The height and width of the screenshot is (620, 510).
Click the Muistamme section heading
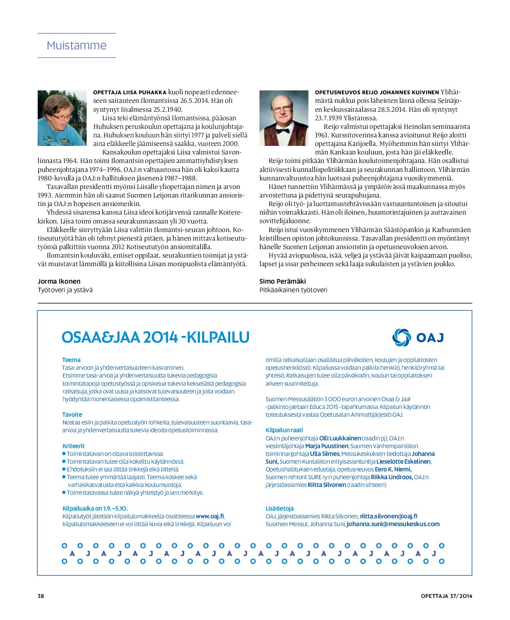tap(77, 45)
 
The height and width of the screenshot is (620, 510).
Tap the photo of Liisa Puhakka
tap(62, 118)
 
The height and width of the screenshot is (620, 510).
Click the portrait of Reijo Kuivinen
tap(284, 118)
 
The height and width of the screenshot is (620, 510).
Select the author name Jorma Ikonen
tap(59, 281)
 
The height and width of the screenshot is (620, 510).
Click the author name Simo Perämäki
tap(283, 281)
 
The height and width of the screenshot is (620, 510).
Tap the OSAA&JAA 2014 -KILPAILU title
tap(155, 338)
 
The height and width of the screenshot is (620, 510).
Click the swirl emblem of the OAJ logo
tap(401, 337)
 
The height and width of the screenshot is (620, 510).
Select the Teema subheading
tap(71, 360)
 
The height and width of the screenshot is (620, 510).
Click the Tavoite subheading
tap(73, 414)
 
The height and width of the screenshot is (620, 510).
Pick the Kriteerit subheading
tap(73, 446)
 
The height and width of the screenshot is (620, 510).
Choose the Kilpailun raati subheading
tap(284, 430)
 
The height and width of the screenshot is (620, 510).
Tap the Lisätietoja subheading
tap(280, 508)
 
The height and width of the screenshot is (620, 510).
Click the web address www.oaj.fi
tap(210, 516)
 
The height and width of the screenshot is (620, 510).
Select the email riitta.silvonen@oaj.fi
tap(388, 516)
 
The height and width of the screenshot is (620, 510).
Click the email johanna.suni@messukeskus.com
tap(393, 524)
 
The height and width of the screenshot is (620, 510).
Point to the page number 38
tap(41, 596)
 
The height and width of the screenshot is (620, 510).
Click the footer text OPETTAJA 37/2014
tap(446, 596)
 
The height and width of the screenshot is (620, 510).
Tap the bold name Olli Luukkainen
tap(340, 438)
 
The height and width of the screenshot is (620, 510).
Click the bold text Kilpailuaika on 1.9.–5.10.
tap(95, 508)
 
